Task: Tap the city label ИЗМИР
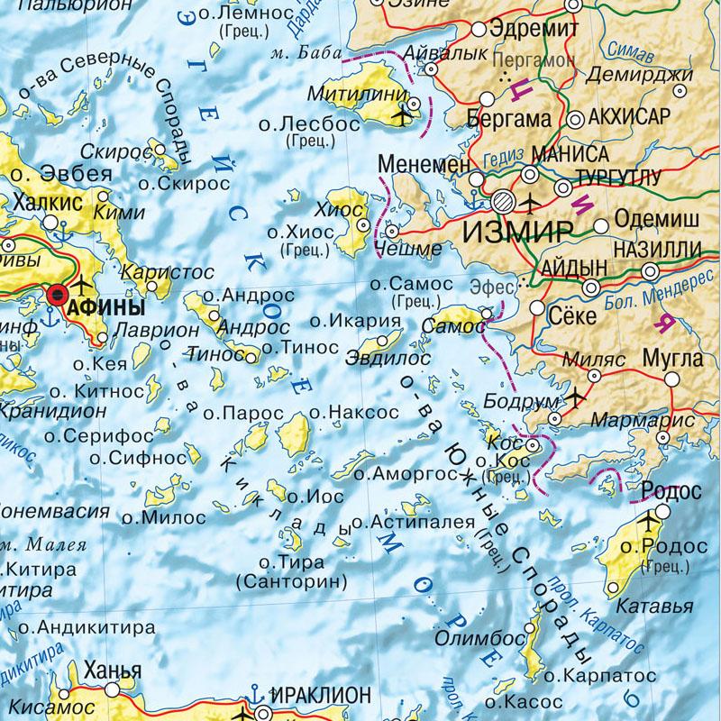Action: (x=517, y=232)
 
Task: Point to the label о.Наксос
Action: (x=353, y=412)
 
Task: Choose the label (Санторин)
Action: (x=290, y=581)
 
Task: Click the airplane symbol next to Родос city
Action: (x=648, y=522)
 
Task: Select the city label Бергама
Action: (x=509, y=119)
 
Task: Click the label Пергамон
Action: (x=534, y=59)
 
